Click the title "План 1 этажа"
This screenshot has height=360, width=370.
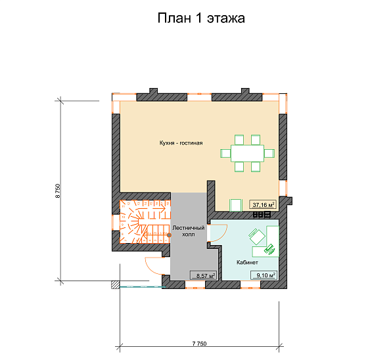point(201,18)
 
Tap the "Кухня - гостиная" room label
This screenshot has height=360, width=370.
point(181,143)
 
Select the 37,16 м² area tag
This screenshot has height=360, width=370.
point(263,204)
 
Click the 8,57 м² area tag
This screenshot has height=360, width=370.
point(203,275)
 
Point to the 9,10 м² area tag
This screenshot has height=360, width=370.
point(264,275)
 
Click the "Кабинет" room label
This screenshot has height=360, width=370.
point(247,262)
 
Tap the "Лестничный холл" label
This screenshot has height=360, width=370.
point(189,231)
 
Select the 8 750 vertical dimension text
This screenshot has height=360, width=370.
point(58,191)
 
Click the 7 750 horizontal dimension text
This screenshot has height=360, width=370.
point(199,344)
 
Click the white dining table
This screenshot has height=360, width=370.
point(247,153)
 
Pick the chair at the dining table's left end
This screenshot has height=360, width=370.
point(225,153)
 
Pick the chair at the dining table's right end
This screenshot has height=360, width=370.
point(269,153)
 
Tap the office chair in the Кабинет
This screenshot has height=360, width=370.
point(257,236)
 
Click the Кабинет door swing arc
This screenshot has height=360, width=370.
point(222,236)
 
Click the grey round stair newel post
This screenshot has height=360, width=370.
point(169,235)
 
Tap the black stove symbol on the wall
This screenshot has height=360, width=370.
point(262,214)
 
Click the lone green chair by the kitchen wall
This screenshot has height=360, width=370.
point(236,205)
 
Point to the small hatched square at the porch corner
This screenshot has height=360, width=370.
point(116,284)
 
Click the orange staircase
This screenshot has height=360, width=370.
point(145,221)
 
